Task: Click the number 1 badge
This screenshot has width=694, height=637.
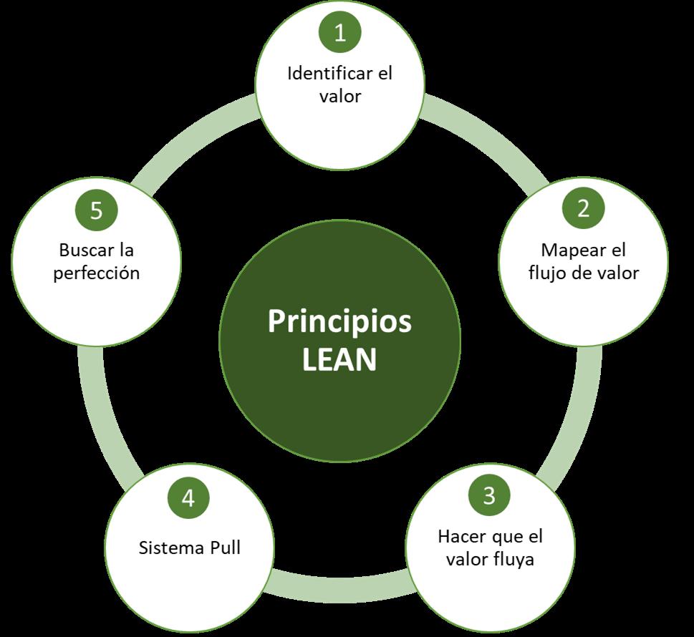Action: click(340, 33)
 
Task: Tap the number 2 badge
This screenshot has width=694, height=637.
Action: click(583, 208)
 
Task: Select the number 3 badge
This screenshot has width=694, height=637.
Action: click(489, 495)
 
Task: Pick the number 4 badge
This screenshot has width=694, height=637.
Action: click(188, 498)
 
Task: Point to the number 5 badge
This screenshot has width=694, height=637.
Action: click(97, 210)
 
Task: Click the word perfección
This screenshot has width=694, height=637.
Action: click(96, 273)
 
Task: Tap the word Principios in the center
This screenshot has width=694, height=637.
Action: click(340, 321)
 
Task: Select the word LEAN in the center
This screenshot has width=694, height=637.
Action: click(339, 360)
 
